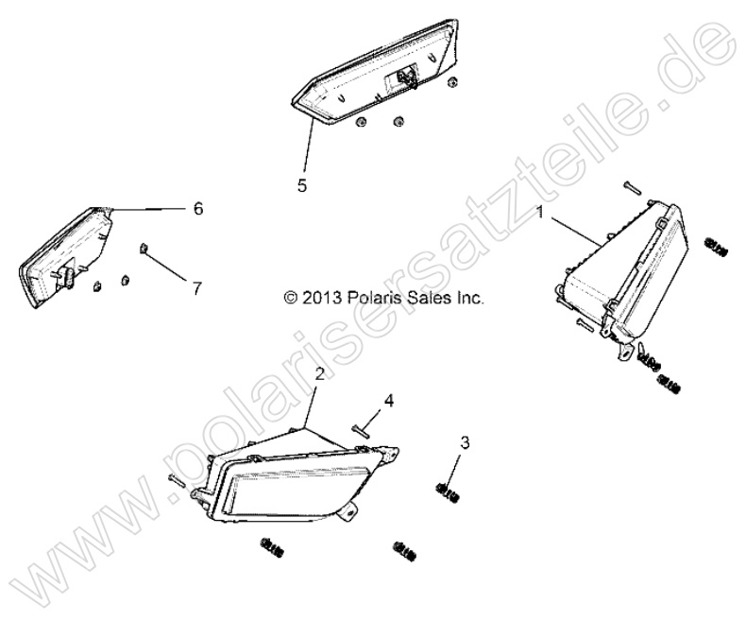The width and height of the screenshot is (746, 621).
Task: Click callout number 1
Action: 539,212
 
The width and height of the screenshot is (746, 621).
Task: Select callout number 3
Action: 465,442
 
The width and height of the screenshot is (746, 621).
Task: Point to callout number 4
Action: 389,402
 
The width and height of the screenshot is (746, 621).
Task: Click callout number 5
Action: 302,185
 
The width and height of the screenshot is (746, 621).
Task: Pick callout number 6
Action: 198,209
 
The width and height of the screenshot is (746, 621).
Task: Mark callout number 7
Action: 197,288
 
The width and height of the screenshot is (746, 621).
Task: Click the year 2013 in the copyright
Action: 322,298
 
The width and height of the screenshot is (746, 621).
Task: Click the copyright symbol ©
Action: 290,298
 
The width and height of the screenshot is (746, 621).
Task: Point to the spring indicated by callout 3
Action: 449,492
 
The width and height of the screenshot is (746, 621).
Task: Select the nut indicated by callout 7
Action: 144,248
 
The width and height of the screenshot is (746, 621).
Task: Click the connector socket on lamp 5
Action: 403,77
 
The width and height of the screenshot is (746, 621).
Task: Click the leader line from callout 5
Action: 308,147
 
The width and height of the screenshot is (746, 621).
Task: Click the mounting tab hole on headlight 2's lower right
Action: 350,512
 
